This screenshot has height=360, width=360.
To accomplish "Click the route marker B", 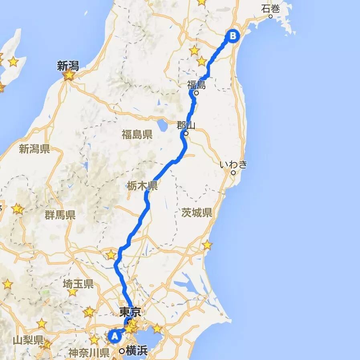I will coord(233,36).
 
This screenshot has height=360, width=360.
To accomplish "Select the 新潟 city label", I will coord(68,66).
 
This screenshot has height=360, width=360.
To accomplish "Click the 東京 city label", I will coord(130,313).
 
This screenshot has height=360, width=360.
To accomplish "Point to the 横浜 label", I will coord(136,351).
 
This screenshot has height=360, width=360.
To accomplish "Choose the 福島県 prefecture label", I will coord(137,134).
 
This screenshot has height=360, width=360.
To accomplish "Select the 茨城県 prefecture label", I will coord(196,212).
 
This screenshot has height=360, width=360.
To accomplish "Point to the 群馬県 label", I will coord(60,215).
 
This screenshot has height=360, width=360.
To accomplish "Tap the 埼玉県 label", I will coord(78,285).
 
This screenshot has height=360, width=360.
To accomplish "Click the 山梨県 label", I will coord(28,340).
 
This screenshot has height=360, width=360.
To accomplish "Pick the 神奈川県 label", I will coord(89,353).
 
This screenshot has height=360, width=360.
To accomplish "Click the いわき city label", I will coord(234,164).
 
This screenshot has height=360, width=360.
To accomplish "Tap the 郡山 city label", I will coord(186,125).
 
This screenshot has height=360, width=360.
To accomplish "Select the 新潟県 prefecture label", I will coord(34,150).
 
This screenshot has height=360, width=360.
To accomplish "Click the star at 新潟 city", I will coord(69,75).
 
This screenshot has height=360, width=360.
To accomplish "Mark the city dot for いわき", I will coord(233,173).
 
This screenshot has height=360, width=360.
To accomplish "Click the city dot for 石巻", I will coord(271,16).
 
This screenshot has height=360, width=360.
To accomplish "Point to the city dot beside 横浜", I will coord(122,351).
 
